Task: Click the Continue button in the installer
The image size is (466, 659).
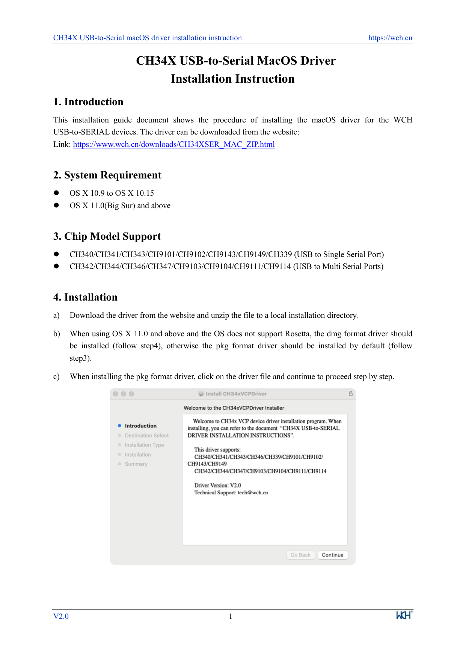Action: click(x=332, y=555)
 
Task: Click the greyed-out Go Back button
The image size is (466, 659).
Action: click(x=300, y=555)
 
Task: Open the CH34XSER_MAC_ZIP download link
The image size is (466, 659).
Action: click(x=174, y=144)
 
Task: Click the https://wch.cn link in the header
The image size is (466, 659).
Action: click(x=390, y=38)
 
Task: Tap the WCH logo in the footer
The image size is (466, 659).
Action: click(x=404, y=615)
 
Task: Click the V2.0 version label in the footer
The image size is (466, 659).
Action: click(x=61, y=616)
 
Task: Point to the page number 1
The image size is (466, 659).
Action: click(x=231, y=616)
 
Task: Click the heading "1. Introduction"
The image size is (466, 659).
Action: click(x=88, y=102)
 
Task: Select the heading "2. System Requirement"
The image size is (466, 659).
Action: click(x=107, y=175)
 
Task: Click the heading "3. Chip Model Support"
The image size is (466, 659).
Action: click(x=107, y=236)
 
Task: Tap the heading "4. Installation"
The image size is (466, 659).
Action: click(x=85, y=297)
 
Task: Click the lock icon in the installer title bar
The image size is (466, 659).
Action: click(x=351, y=393)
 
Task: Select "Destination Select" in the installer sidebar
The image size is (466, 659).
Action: click(x=147, y=435)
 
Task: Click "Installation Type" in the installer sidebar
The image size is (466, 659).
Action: click(x=145, y=445)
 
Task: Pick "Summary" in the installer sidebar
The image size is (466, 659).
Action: click(x=136, y=464)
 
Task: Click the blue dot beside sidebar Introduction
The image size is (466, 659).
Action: click(x=119, y=426)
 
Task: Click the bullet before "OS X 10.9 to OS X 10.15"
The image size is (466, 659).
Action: click(x=57, y=193)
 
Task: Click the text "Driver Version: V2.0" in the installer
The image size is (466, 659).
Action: click(x=217, y=485)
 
